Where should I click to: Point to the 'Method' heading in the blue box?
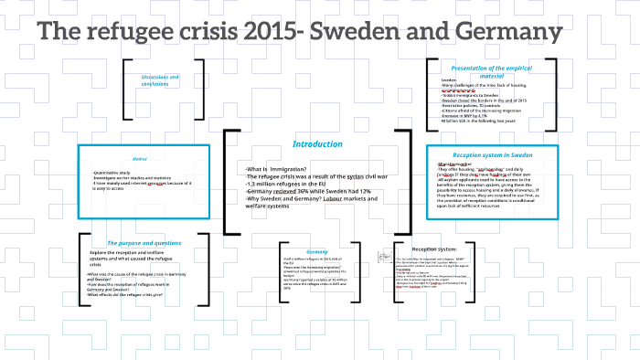click(141, 159)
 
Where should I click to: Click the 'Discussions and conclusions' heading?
click(161, 81)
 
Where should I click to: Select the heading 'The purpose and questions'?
click(144, 243)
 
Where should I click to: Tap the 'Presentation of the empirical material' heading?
click(492, 72)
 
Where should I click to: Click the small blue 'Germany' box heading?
click(316, 251)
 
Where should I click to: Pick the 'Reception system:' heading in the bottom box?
click(434, 249)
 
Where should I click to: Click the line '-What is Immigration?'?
click(278, 169)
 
